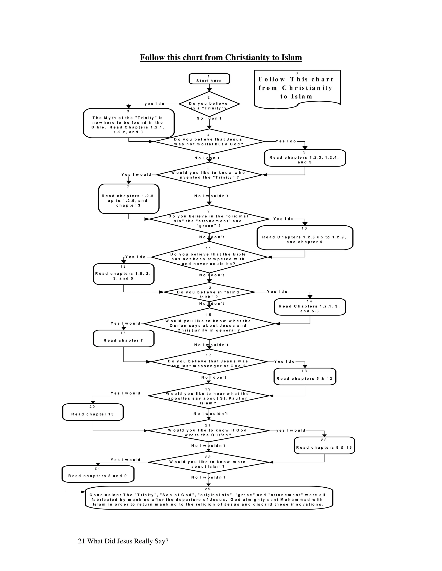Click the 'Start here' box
[x=209, y=79]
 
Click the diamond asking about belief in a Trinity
[x=209, y=104]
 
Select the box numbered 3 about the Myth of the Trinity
[x=129, y=123]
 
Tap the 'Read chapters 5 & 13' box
[x=305, y=377]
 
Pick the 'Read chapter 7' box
[x=124, y=339]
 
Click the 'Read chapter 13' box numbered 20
[x=93, y=412]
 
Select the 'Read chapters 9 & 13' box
[x=324, y=446]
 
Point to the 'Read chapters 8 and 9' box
[x=98, y=474]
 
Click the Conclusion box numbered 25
[x=209, y=498]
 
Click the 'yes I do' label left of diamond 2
[x=155, y=104]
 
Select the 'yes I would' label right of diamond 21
[x=291, y=430]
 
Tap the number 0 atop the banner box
[x=297, y=73]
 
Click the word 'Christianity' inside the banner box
[x=307, y=88]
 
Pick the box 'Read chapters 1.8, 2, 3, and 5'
[x=124, y=274]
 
